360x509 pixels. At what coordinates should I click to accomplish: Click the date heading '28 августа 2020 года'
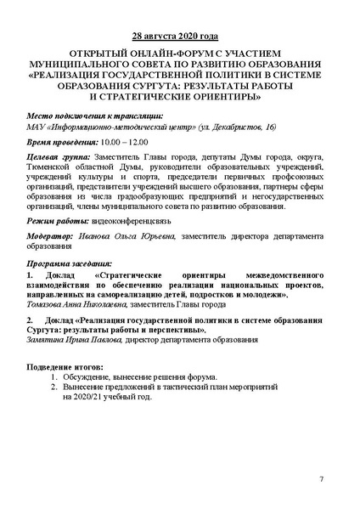pyautogui.click(x=180, y=38)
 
